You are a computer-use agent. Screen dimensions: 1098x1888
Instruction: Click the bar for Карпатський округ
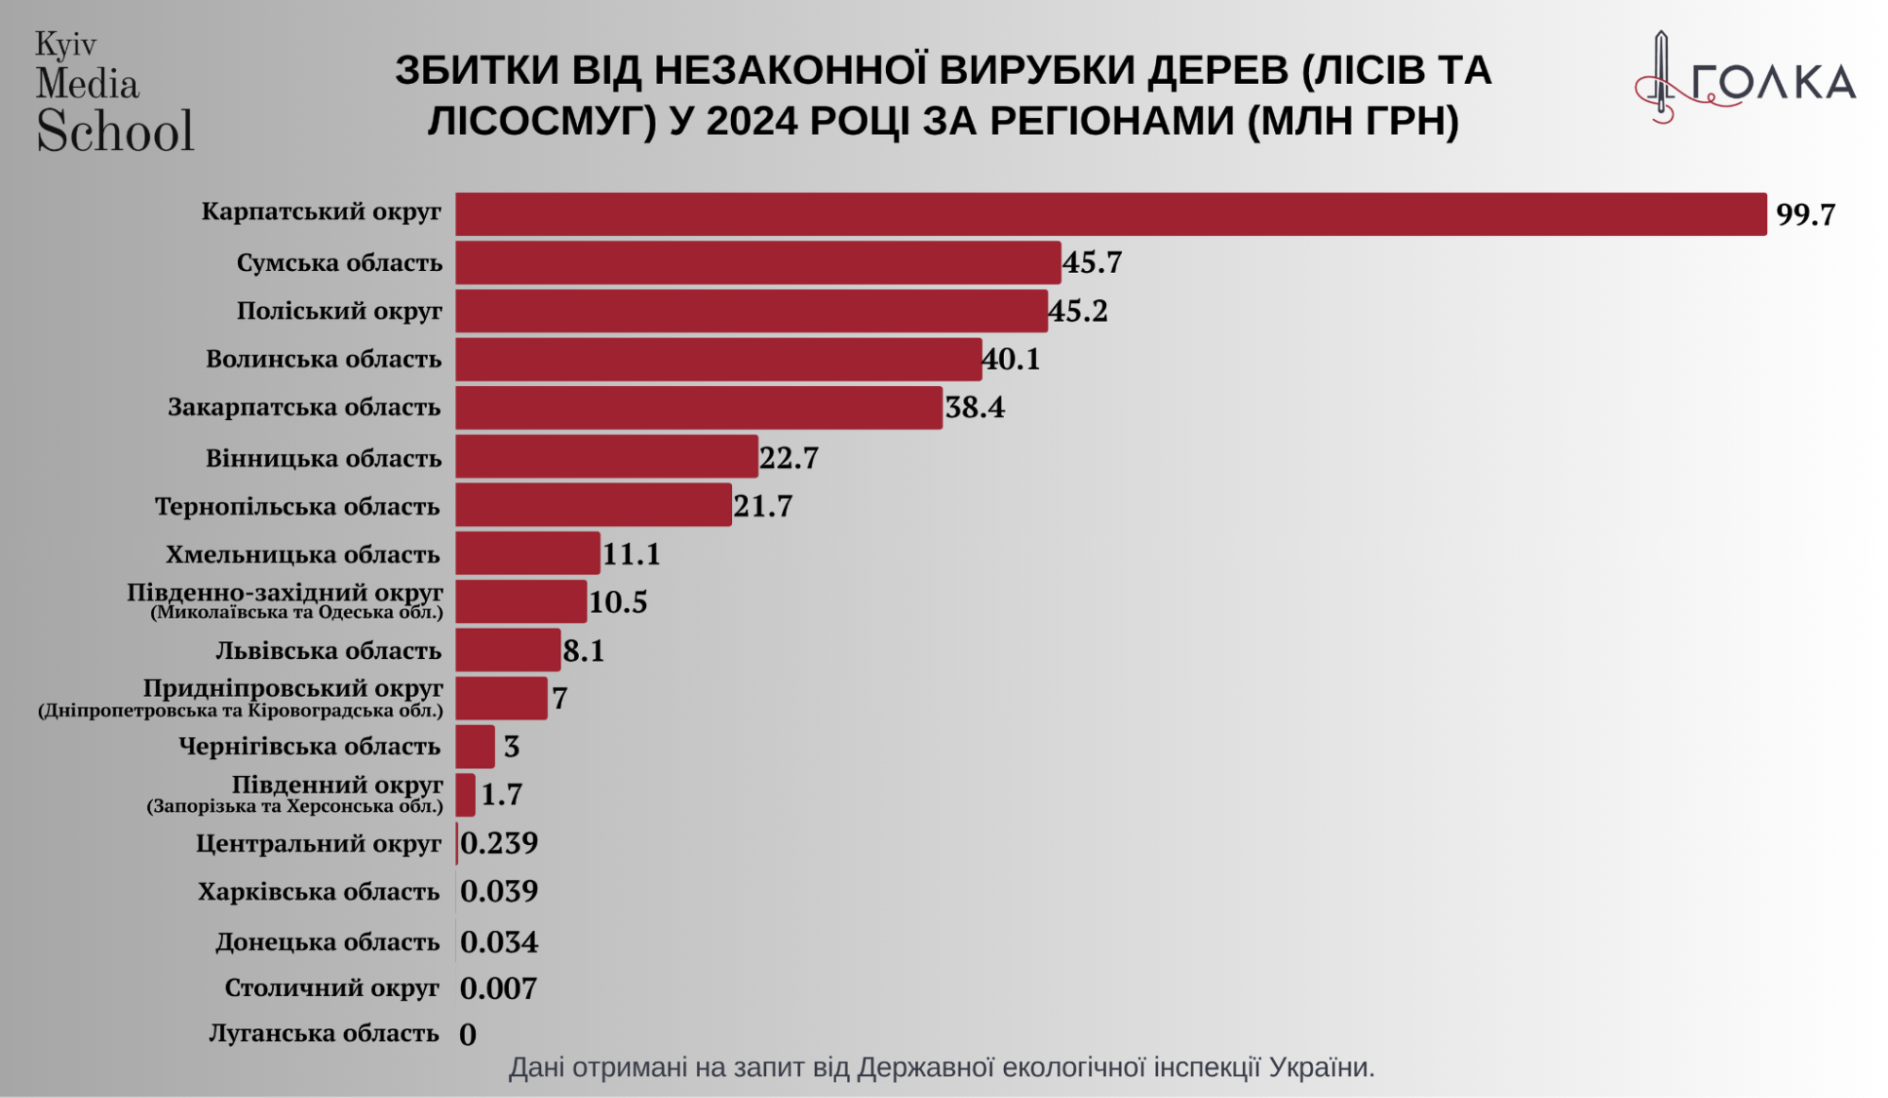[x=1110, y=214]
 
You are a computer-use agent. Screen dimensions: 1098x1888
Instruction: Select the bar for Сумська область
[x=757, y=262]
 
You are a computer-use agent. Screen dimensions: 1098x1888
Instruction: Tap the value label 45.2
[x=1079, y=311]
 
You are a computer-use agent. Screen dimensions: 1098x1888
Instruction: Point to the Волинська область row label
[x=324, y=360]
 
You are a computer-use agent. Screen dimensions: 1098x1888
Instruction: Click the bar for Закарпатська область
[x=699, y=408]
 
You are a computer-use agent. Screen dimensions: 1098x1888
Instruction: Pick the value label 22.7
[x=789, y=458]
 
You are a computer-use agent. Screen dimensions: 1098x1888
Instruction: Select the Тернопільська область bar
[x=593, y=505]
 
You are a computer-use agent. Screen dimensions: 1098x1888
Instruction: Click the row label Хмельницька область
[x=303, y=554]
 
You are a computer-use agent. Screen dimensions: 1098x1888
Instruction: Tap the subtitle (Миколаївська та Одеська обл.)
[x=297, y=613]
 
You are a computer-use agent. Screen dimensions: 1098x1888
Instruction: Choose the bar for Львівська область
[x=508, y=650]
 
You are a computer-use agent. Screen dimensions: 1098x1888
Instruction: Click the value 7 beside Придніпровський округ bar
[x=560, y=699]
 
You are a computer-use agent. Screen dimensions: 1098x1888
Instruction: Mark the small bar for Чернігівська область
[x=475, y=747]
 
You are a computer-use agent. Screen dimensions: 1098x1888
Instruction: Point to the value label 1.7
[x=502, y=795]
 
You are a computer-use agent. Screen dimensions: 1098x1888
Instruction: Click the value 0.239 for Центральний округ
[x=499, y=843]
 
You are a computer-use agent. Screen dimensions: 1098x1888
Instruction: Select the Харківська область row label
[x=319, y=892]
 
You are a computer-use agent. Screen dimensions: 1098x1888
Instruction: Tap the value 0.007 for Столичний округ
[x=499, y=988]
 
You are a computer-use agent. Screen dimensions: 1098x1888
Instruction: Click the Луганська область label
[x=324, y=1034]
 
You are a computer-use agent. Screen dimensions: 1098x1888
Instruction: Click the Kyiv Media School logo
[x=113, y=93]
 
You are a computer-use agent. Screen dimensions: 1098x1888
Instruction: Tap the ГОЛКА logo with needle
[x=1745, y=80]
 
